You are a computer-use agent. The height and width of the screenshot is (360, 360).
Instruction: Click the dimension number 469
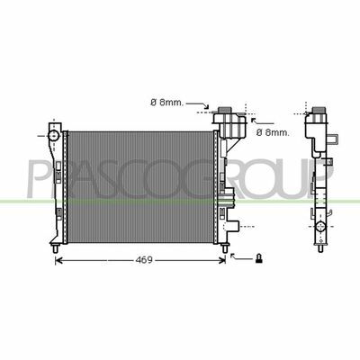click(144, 260)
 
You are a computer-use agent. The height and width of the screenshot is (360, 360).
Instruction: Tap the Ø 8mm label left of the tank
click(166, 103)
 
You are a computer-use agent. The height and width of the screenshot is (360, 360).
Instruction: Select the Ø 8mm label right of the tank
click(273, 132)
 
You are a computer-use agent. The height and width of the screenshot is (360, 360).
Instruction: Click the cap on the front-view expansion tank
click(227, 110)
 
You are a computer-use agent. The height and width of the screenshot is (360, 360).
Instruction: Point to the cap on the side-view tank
click(319, 111)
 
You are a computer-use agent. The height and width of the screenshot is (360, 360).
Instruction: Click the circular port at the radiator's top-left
click(53, 136)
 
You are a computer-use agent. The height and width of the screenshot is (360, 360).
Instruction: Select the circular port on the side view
click(320, 227)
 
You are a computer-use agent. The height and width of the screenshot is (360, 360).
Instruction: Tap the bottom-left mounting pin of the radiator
click(55, 248)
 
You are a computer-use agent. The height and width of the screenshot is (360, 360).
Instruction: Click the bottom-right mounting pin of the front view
click(224, 248)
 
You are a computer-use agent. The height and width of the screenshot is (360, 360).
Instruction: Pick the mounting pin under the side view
click(320, 248)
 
